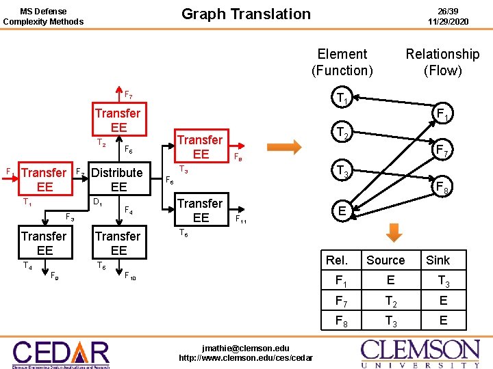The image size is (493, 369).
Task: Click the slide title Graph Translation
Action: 246,14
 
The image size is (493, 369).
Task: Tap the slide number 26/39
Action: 448,10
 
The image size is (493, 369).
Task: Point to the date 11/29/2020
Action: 448,21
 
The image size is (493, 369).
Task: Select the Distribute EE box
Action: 118,180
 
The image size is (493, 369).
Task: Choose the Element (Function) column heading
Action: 342,61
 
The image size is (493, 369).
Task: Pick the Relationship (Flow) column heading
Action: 442,61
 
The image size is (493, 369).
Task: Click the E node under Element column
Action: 342,212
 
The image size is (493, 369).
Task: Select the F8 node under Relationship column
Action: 442,185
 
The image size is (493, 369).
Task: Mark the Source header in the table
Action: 385,260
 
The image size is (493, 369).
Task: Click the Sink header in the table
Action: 438,260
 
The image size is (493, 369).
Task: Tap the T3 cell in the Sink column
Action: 443,281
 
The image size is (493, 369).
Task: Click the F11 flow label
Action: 241,220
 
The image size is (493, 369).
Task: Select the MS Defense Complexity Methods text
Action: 43,16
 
